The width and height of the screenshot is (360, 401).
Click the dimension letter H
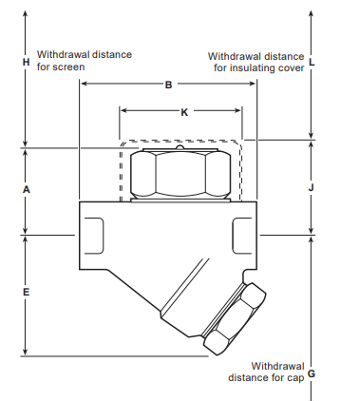click(26, 62)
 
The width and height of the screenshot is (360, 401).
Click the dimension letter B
click(168, 85)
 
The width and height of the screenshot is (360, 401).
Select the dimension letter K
click(184, 112)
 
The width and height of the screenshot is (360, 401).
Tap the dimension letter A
click(27, 189)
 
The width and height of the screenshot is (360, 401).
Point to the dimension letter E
click(26, 292)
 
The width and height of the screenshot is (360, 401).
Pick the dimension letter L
click(312, 62)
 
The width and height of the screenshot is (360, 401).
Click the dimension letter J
click(311, 188)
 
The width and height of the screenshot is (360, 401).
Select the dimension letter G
click(312, 373)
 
